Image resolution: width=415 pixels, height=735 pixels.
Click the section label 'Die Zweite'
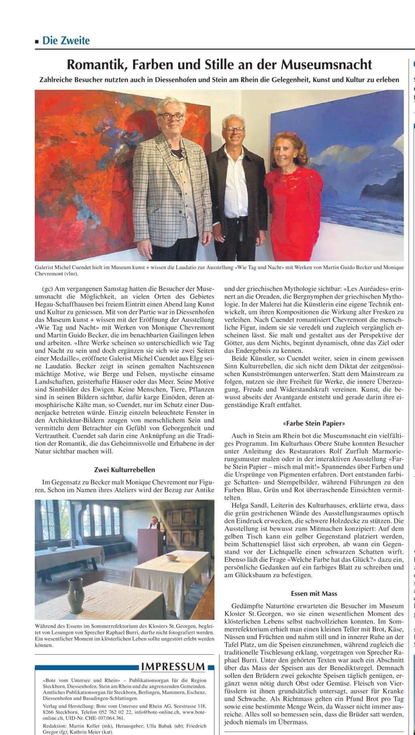pyautogui.click(x=66, y=41)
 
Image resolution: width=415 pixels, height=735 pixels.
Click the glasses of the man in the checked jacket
pyautogui.click(x=171, y=116)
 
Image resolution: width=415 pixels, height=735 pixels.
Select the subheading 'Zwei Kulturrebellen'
pyautogui.click(x=124, y=470)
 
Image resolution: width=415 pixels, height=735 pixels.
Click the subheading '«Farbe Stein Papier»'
pyautogui.click(x=314, y=423)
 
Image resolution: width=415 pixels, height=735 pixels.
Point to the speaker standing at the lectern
pyautogui.click(x=155, y=523)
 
